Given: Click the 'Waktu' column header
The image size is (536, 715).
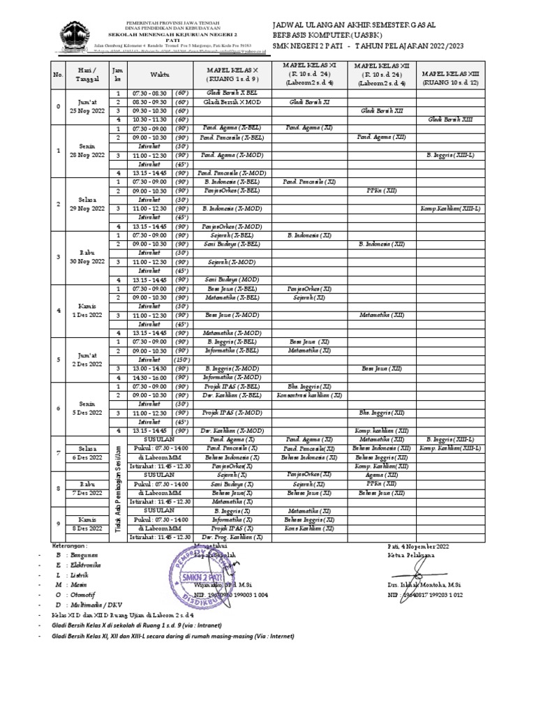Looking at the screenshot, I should (153, 75).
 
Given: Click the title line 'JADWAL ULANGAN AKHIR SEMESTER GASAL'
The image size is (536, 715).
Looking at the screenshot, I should (354, 25).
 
